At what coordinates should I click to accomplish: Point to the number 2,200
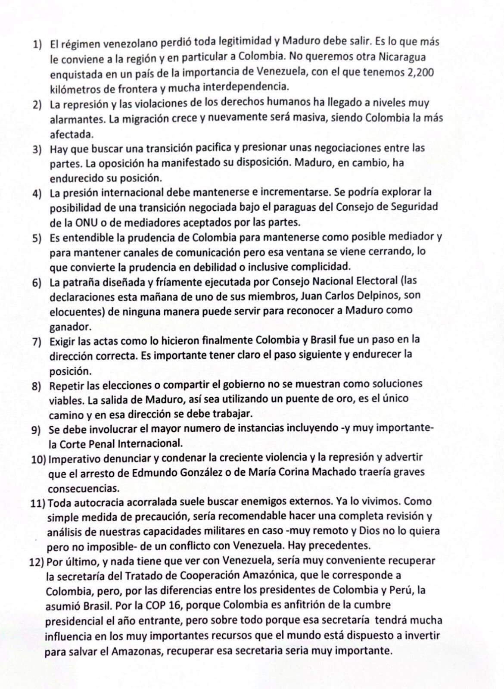[420, 72]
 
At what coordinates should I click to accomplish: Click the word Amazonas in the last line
[137, 651]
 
